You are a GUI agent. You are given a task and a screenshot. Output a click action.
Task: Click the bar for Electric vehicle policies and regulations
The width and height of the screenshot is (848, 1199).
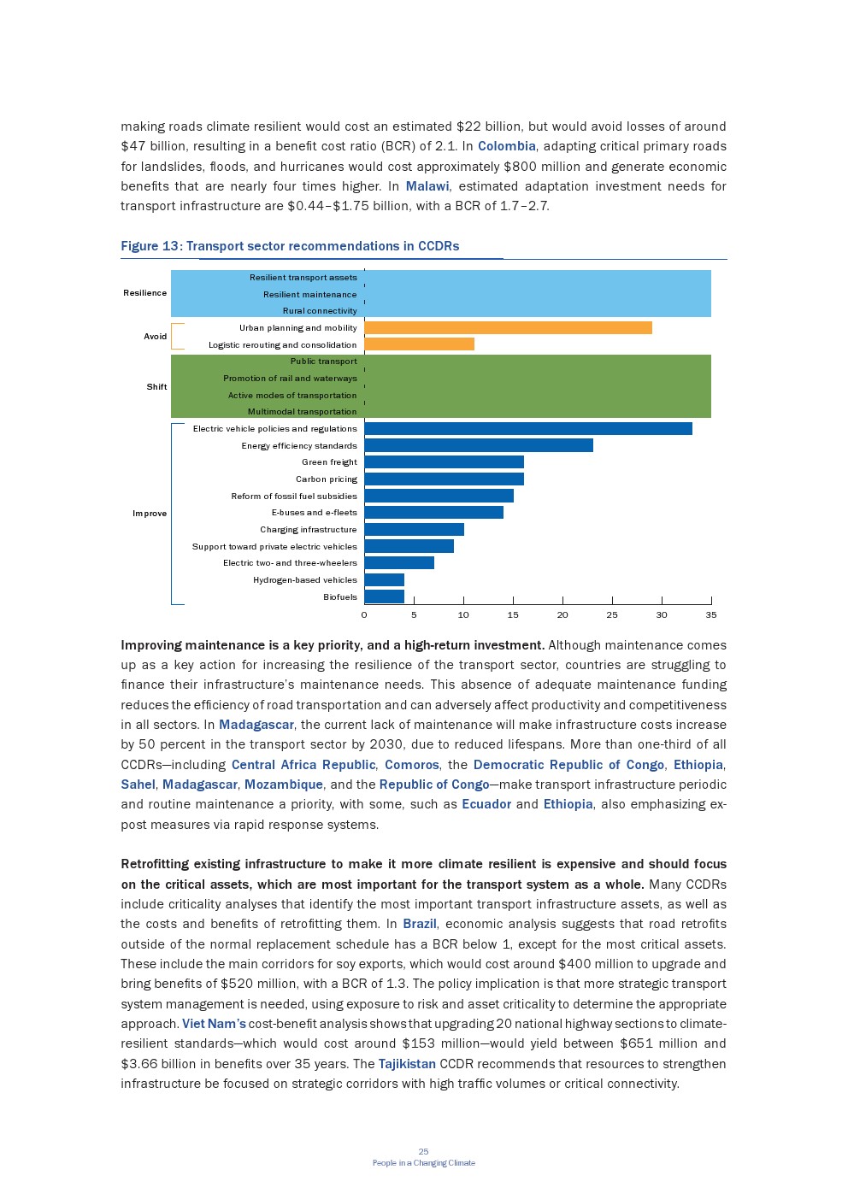point(527,428)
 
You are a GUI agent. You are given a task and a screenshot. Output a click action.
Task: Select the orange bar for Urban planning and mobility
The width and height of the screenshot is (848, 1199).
point(508,327)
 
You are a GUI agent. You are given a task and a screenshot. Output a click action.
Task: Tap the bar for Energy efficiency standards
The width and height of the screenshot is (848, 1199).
point(478,445)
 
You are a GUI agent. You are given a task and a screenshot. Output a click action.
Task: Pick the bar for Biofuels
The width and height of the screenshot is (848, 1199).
point(384,597)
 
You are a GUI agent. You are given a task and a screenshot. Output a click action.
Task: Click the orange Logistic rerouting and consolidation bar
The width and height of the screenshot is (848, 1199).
point(419,344)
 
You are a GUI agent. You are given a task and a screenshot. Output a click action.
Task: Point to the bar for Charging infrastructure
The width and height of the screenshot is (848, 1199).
point(414,529)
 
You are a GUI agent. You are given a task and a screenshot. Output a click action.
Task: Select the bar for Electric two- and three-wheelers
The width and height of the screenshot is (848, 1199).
point(399,562)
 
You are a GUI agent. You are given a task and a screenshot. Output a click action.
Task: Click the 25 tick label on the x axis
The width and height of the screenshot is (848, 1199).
point(612,614)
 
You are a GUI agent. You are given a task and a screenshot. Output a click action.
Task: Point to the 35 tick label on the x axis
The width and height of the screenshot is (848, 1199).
point(711,614)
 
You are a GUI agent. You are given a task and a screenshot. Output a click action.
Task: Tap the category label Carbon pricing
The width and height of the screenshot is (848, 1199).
point(327,479)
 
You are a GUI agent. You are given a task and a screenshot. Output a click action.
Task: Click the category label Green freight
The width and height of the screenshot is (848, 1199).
point(329,462)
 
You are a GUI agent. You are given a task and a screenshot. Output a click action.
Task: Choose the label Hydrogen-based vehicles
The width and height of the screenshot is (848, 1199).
point(305,580)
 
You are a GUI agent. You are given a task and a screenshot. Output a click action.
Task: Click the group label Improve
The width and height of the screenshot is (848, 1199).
point(150,514)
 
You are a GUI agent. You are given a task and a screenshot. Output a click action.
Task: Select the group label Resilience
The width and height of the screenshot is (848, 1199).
point(145,293)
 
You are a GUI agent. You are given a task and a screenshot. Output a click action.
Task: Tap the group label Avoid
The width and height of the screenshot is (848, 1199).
point(156,337)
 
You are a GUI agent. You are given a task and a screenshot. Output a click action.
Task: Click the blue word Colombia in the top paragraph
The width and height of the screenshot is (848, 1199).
point(507,146)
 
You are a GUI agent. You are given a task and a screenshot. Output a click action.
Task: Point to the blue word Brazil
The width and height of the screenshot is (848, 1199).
point(420,924)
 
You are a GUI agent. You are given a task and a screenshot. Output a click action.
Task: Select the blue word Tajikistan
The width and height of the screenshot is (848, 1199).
point(407,1064)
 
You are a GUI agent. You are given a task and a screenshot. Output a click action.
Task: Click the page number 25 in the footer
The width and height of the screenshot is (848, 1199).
point(423,1152)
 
